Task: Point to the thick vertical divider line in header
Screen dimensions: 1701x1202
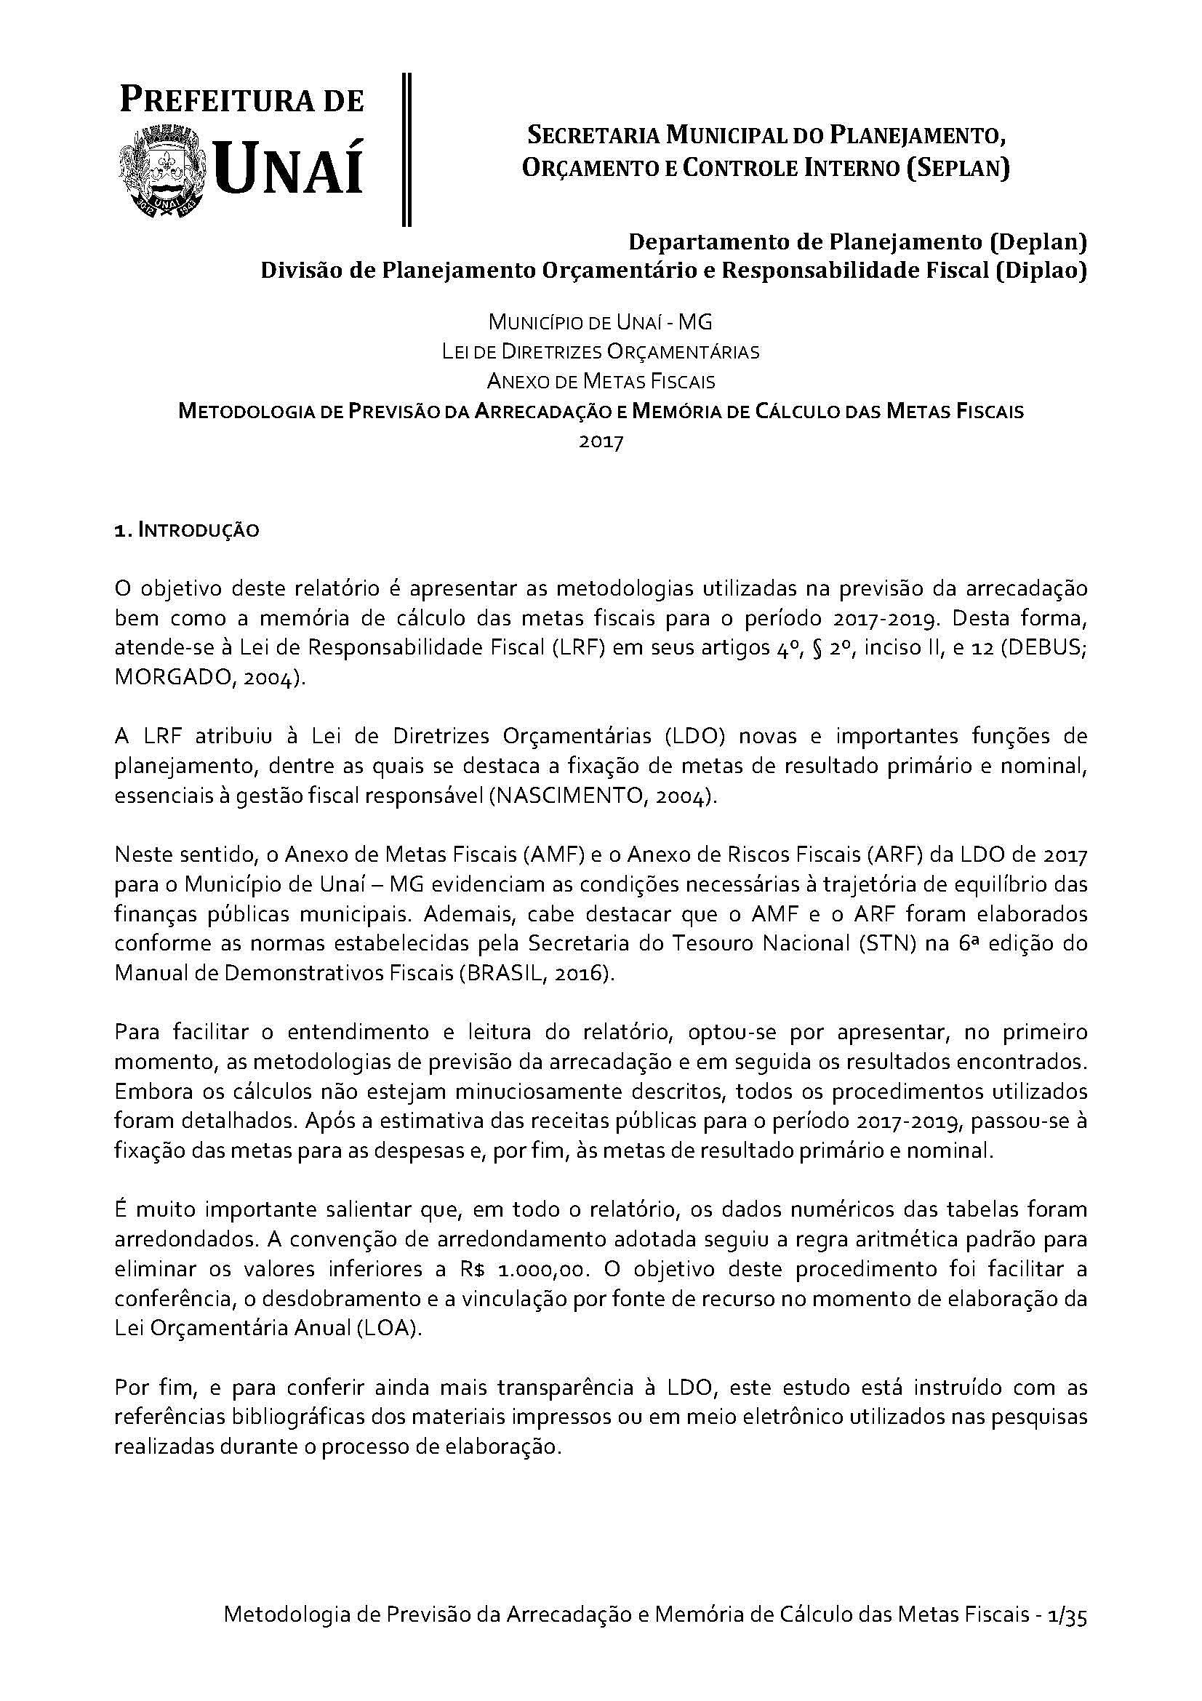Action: [x=406, y=149]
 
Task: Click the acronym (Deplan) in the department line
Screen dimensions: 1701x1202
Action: [x=1039, y=241]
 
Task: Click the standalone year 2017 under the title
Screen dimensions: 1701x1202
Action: [x=601, y=442]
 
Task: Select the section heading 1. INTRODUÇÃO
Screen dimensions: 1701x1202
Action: [x=187, y=530]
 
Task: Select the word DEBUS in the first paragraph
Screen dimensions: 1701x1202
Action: [x=1042, y=648]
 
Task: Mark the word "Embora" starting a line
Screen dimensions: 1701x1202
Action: [x=153, y=1092]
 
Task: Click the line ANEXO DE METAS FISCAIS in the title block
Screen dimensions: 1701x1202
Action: [x=601, y=382]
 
